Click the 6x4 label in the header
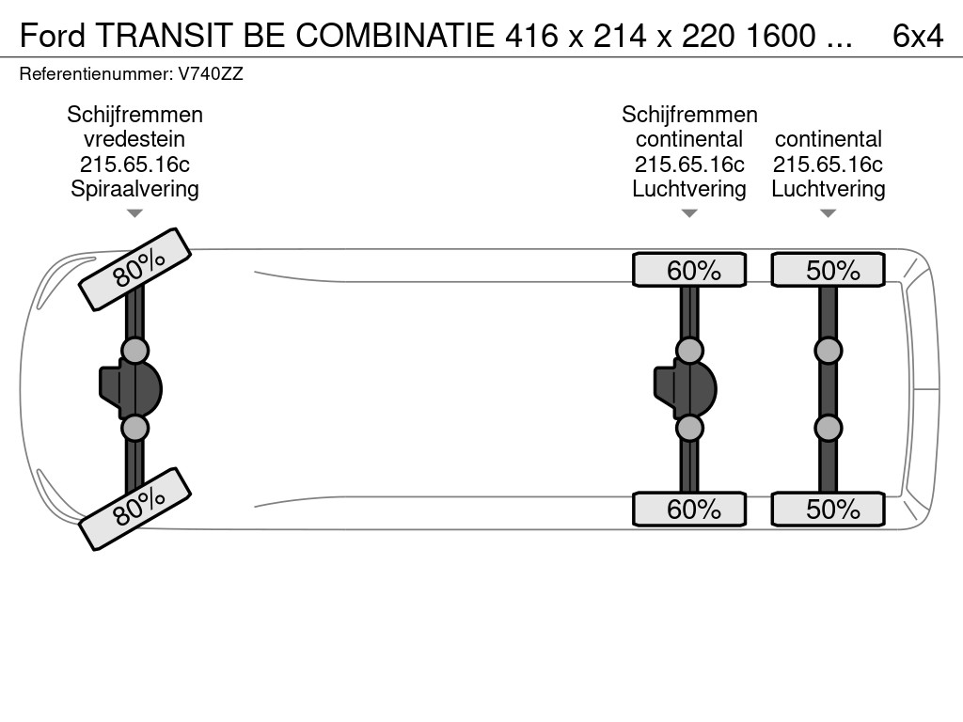918,36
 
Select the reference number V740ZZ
211,74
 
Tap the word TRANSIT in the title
164,36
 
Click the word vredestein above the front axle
134,139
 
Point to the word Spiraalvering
134,189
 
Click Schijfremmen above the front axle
134,115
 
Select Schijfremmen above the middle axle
689,115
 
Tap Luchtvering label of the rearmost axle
828,189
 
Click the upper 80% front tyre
135,270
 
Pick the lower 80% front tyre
135,509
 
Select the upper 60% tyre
689,270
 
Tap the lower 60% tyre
689,509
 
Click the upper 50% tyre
828,270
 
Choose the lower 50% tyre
828,509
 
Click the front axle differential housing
130,389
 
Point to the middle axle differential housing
685,389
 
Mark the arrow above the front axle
134,213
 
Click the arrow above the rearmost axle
828,213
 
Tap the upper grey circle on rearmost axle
828,352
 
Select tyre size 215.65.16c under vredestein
134,165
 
